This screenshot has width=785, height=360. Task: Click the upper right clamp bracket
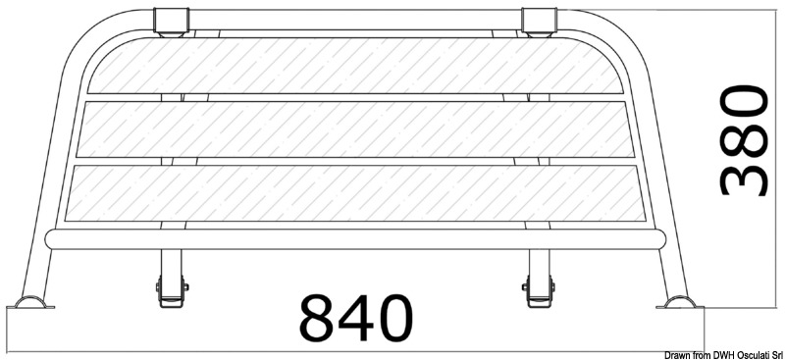[539, 23]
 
